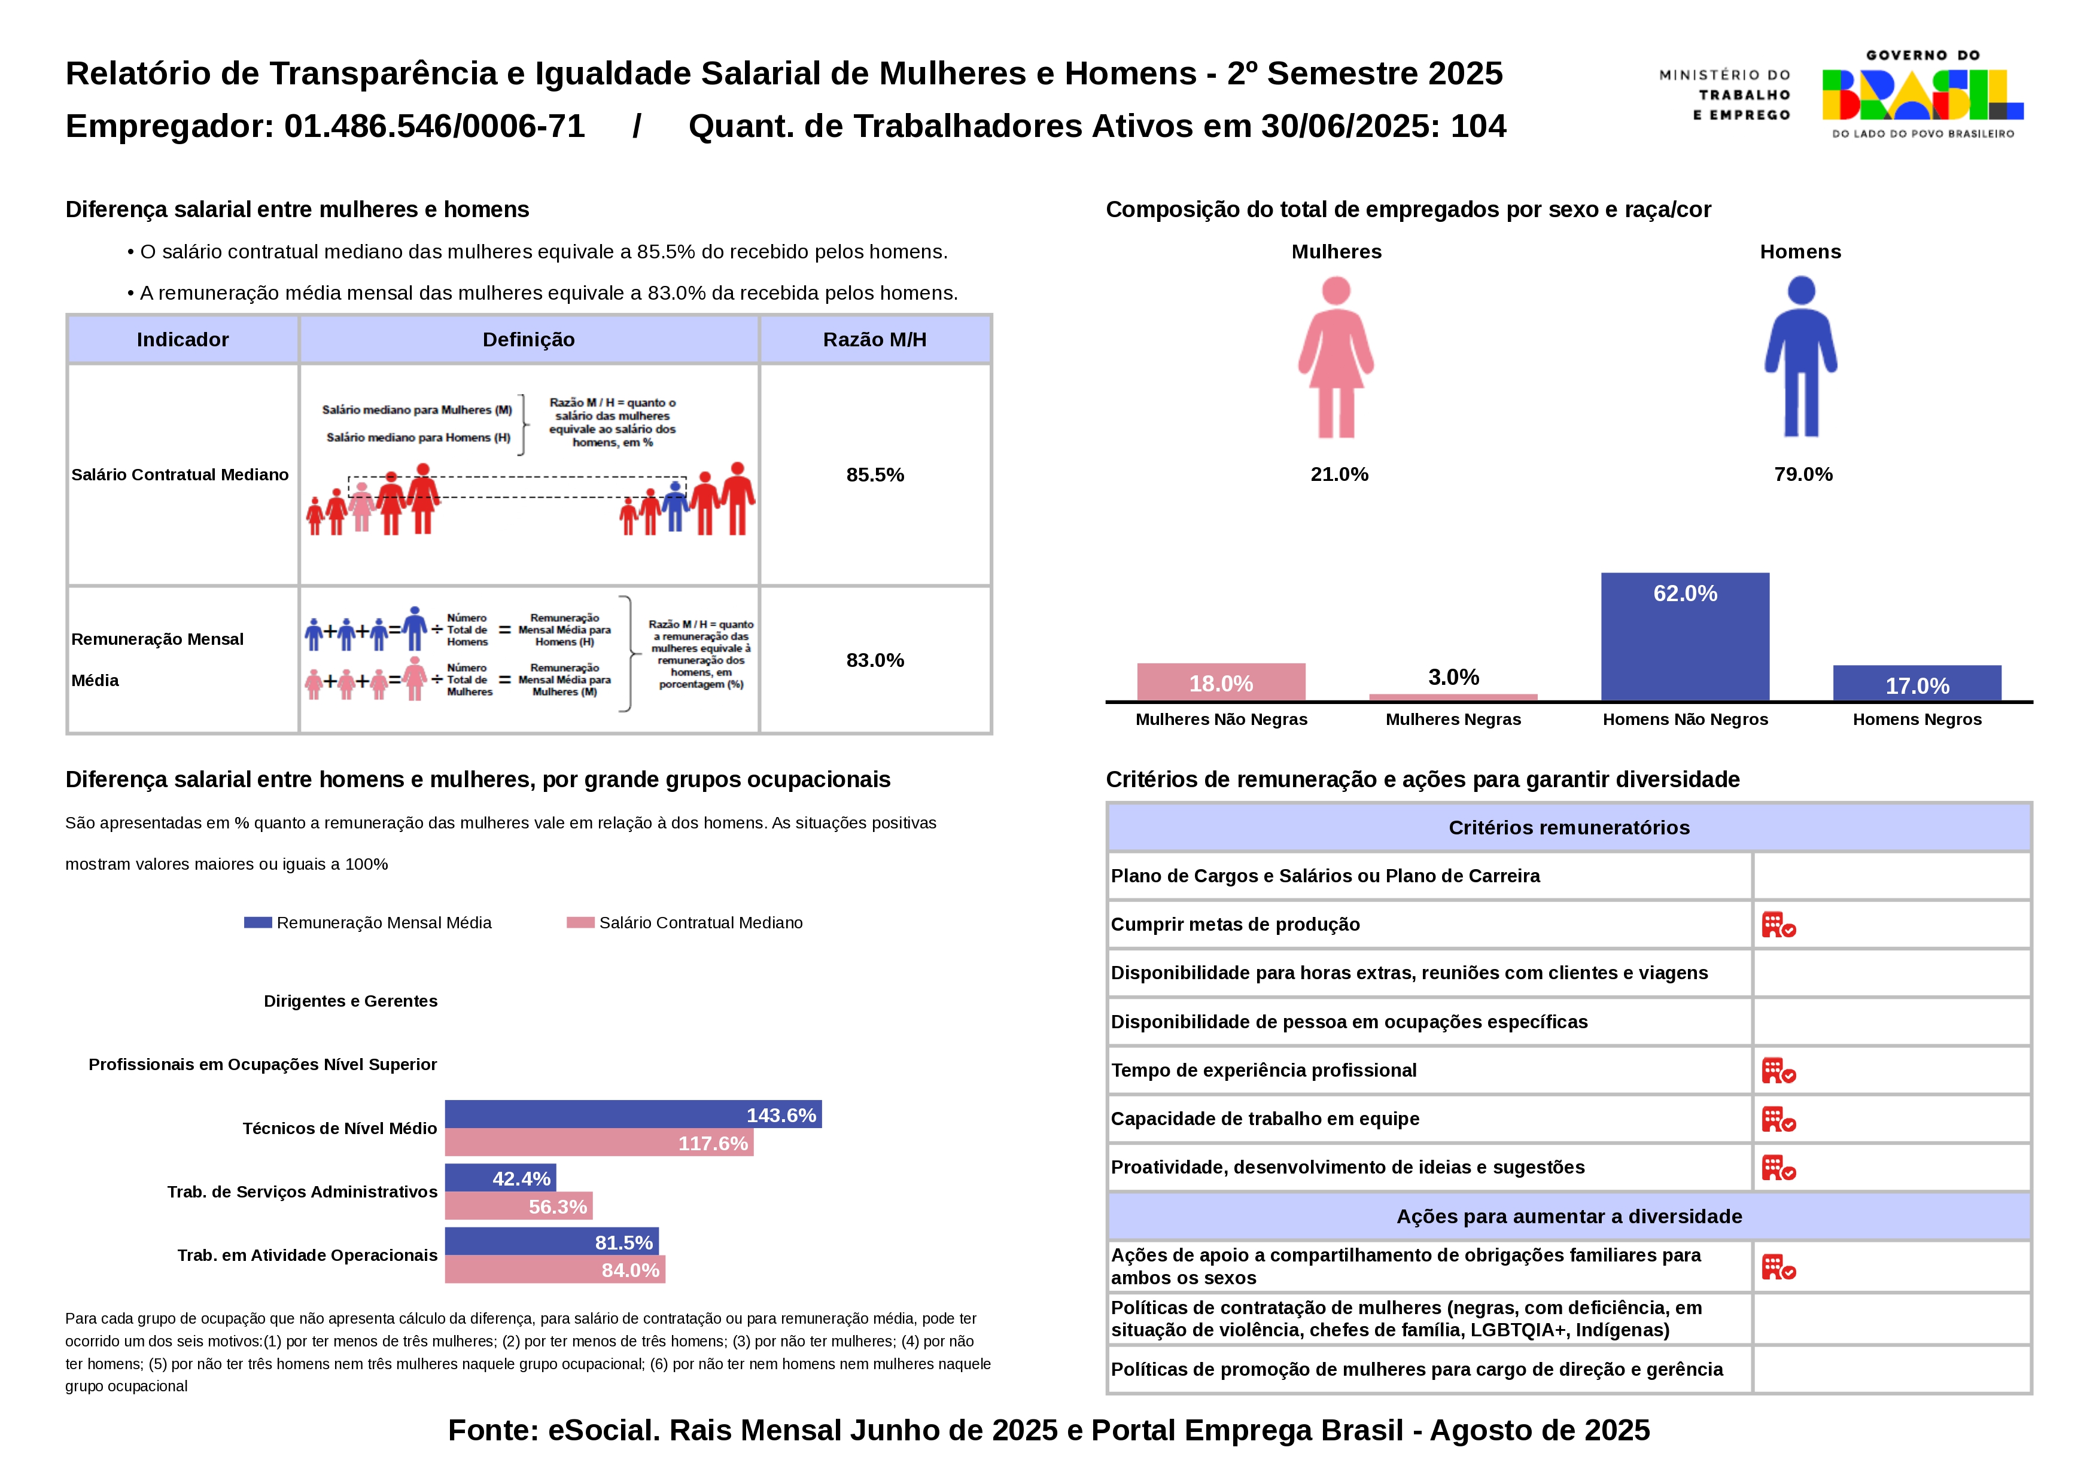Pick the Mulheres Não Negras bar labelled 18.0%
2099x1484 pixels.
coord(1221,682)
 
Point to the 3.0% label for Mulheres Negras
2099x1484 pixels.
coord(1453,677)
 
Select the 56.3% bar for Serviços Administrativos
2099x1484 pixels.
coord(518,1206)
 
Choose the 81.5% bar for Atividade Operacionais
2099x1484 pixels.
coord(551,1242)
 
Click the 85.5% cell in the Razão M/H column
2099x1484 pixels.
coord(875,474)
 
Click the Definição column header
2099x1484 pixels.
coord(528,340)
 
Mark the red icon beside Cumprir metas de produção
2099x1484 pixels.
coord(1778,925)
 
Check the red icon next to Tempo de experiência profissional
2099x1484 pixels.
coord(1778,1070)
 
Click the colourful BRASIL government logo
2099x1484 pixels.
coord(1922,95)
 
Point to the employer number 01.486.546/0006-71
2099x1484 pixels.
coord(434,126)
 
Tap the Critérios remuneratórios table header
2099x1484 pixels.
coord(1569,828)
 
